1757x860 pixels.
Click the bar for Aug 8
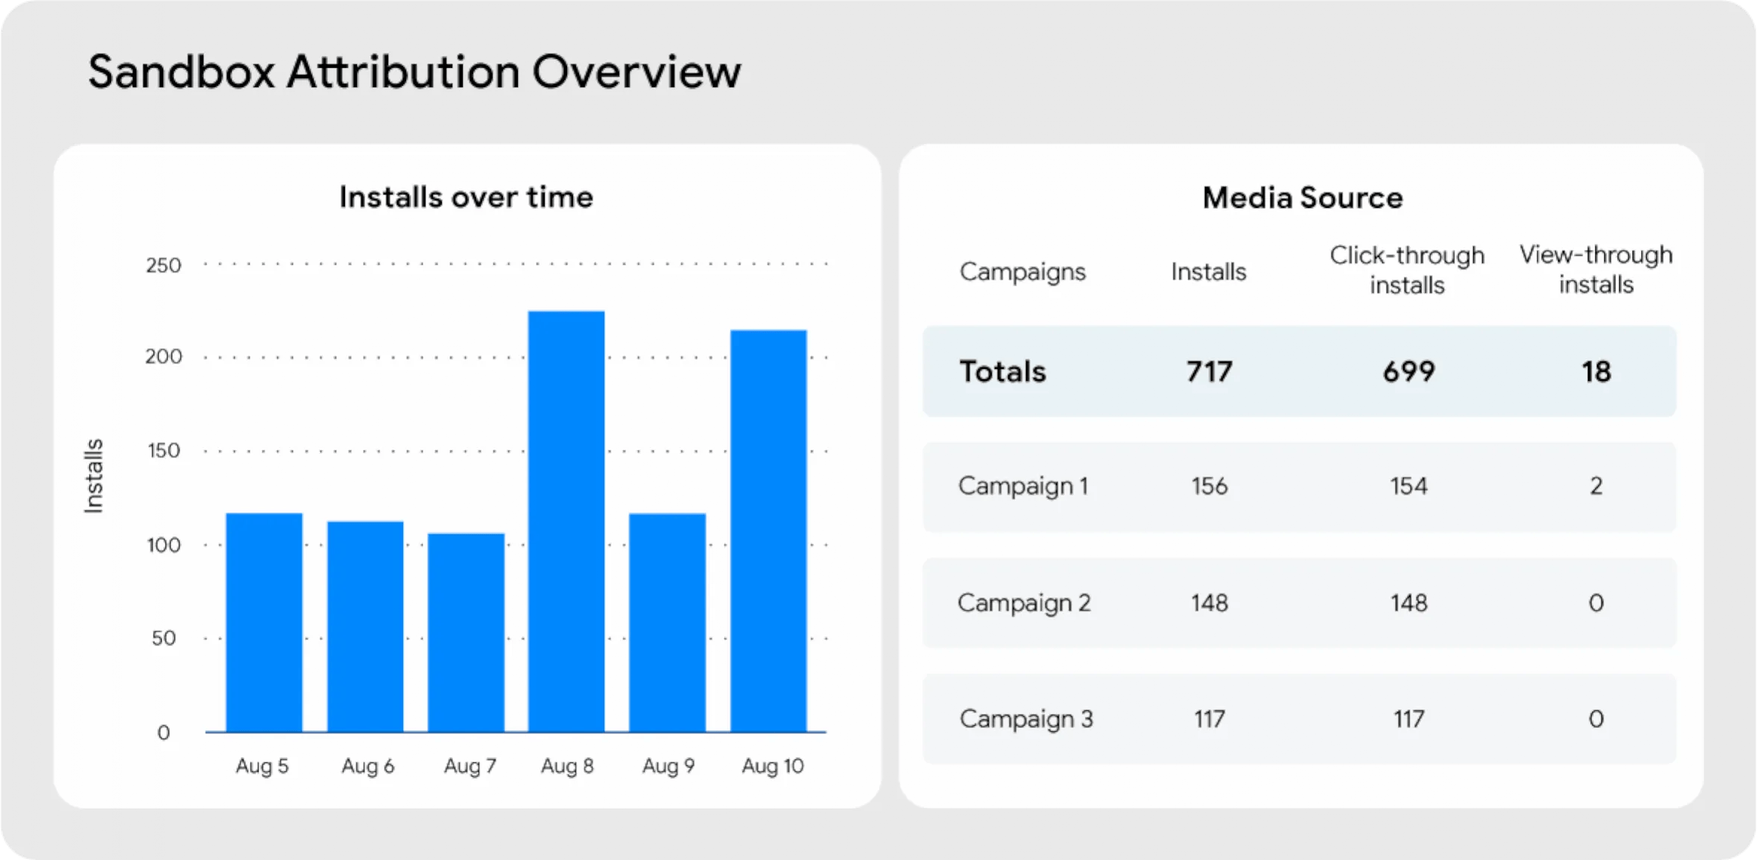(x=566, y=522)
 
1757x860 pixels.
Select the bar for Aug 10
(x=768, y=531)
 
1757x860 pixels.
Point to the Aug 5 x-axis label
(x=262, y=766)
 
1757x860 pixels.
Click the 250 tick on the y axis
(x=163, y=266)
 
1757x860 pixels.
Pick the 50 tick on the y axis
(x=163, y=639)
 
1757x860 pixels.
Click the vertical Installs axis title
(x=93, y=476)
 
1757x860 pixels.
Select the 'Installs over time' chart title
(x=466, y=197)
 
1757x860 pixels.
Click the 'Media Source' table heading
(x=1302, y=198)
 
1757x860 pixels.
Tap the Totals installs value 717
(x=1209, y=372)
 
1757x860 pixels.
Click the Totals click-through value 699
(x=1408, y=372)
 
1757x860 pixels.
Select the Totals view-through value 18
(x=1596, y=372)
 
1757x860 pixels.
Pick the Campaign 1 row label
(x=1023, y=486)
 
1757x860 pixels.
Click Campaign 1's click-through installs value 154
(x=1408, y=487)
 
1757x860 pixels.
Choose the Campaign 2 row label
(x=1024, y=603)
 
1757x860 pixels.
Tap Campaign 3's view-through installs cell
(x=1596, y=719)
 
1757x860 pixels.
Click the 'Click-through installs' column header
(x=1407, y=270)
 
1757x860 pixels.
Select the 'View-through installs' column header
(x=1596, y=269)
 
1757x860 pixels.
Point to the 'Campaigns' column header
(x=1022, y=272)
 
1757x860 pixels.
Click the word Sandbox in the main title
(x=181, y=72)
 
